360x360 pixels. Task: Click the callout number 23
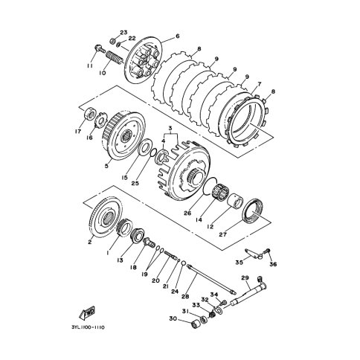(x=123, y=32)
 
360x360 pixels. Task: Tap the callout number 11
(x=90, y=65)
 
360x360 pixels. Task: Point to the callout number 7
(x=259, y=84)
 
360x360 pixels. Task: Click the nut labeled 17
(x=90, y=115)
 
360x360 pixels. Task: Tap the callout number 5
(x=106, y=166)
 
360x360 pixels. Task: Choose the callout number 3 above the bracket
(x=170, y=128)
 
